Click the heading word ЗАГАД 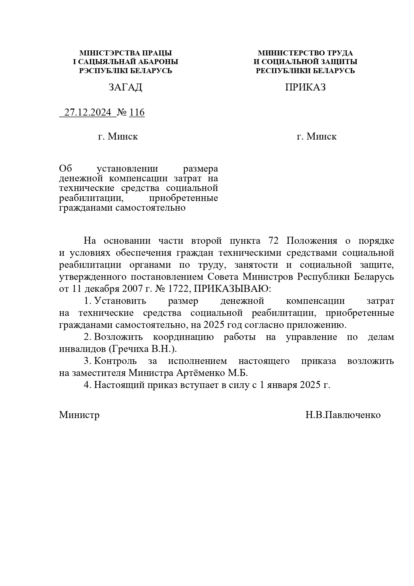[125, 87]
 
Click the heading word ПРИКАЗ [305, 87]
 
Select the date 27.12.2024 [88, 113]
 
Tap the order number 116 [137, 113]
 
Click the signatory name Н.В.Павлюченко [343, 415]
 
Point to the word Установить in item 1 [120, 301]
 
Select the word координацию [183, 337]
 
